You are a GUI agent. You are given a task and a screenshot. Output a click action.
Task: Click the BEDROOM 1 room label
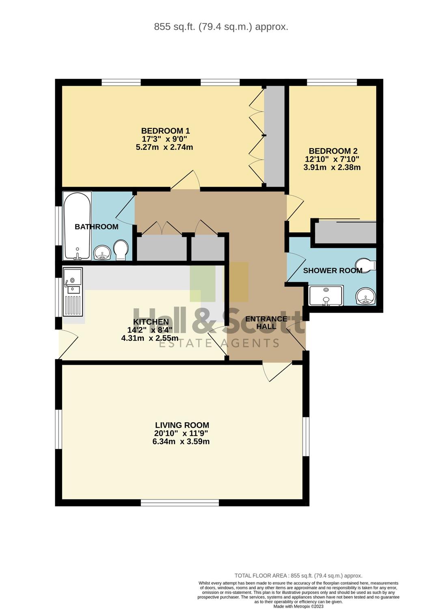click(x=165, y=131)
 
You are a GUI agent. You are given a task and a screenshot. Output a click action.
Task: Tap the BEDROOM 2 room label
click(x=333, y=151)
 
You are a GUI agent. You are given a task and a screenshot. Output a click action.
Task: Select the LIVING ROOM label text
click(x=182, y=425)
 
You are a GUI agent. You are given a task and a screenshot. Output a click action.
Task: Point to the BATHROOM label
click(x=97, y=227)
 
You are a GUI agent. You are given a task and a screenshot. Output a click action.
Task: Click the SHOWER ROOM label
click(x=333, y=270)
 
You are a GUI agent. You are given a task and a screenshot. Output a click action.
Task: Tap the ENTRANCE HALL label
click(x=266, y=322)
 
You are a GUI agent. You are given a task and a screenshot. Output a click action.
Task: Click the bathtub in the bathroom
click(x=77, y=226)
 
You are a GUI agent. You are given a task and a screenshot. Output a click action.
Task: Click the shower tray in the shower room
click(x=326, y=296)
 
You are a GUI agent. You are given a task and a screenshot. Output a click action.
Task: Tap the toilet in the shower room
click(x=366, y=265)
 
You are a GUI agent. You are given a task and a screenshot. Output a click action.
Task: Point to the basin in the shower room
click(x=366, y=297)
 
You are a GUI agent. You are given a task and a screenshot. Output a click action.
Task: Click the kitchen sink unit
click(x=73, y=292)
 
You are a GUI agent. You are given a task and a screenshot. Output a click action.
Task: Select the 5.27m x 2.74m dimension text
click(x=164, y=147)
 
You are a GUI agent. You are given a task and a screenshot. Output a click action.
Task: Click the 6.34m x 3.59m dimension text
click(x=181, y=441)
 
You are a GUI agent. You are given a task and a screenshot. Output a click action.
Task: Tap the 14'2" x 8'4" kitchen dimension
click(x=150, y=330)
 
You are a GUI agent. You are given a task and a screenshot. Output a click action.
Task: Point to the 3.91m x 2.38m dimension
click(x=332, y=167)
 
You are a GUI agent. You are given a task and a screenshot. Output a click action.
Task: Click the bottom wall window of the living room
click(x=180, y=503)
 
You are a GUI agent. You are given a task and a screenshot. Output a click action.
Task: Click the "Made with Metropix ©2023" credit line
click(x=298, y=606)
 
